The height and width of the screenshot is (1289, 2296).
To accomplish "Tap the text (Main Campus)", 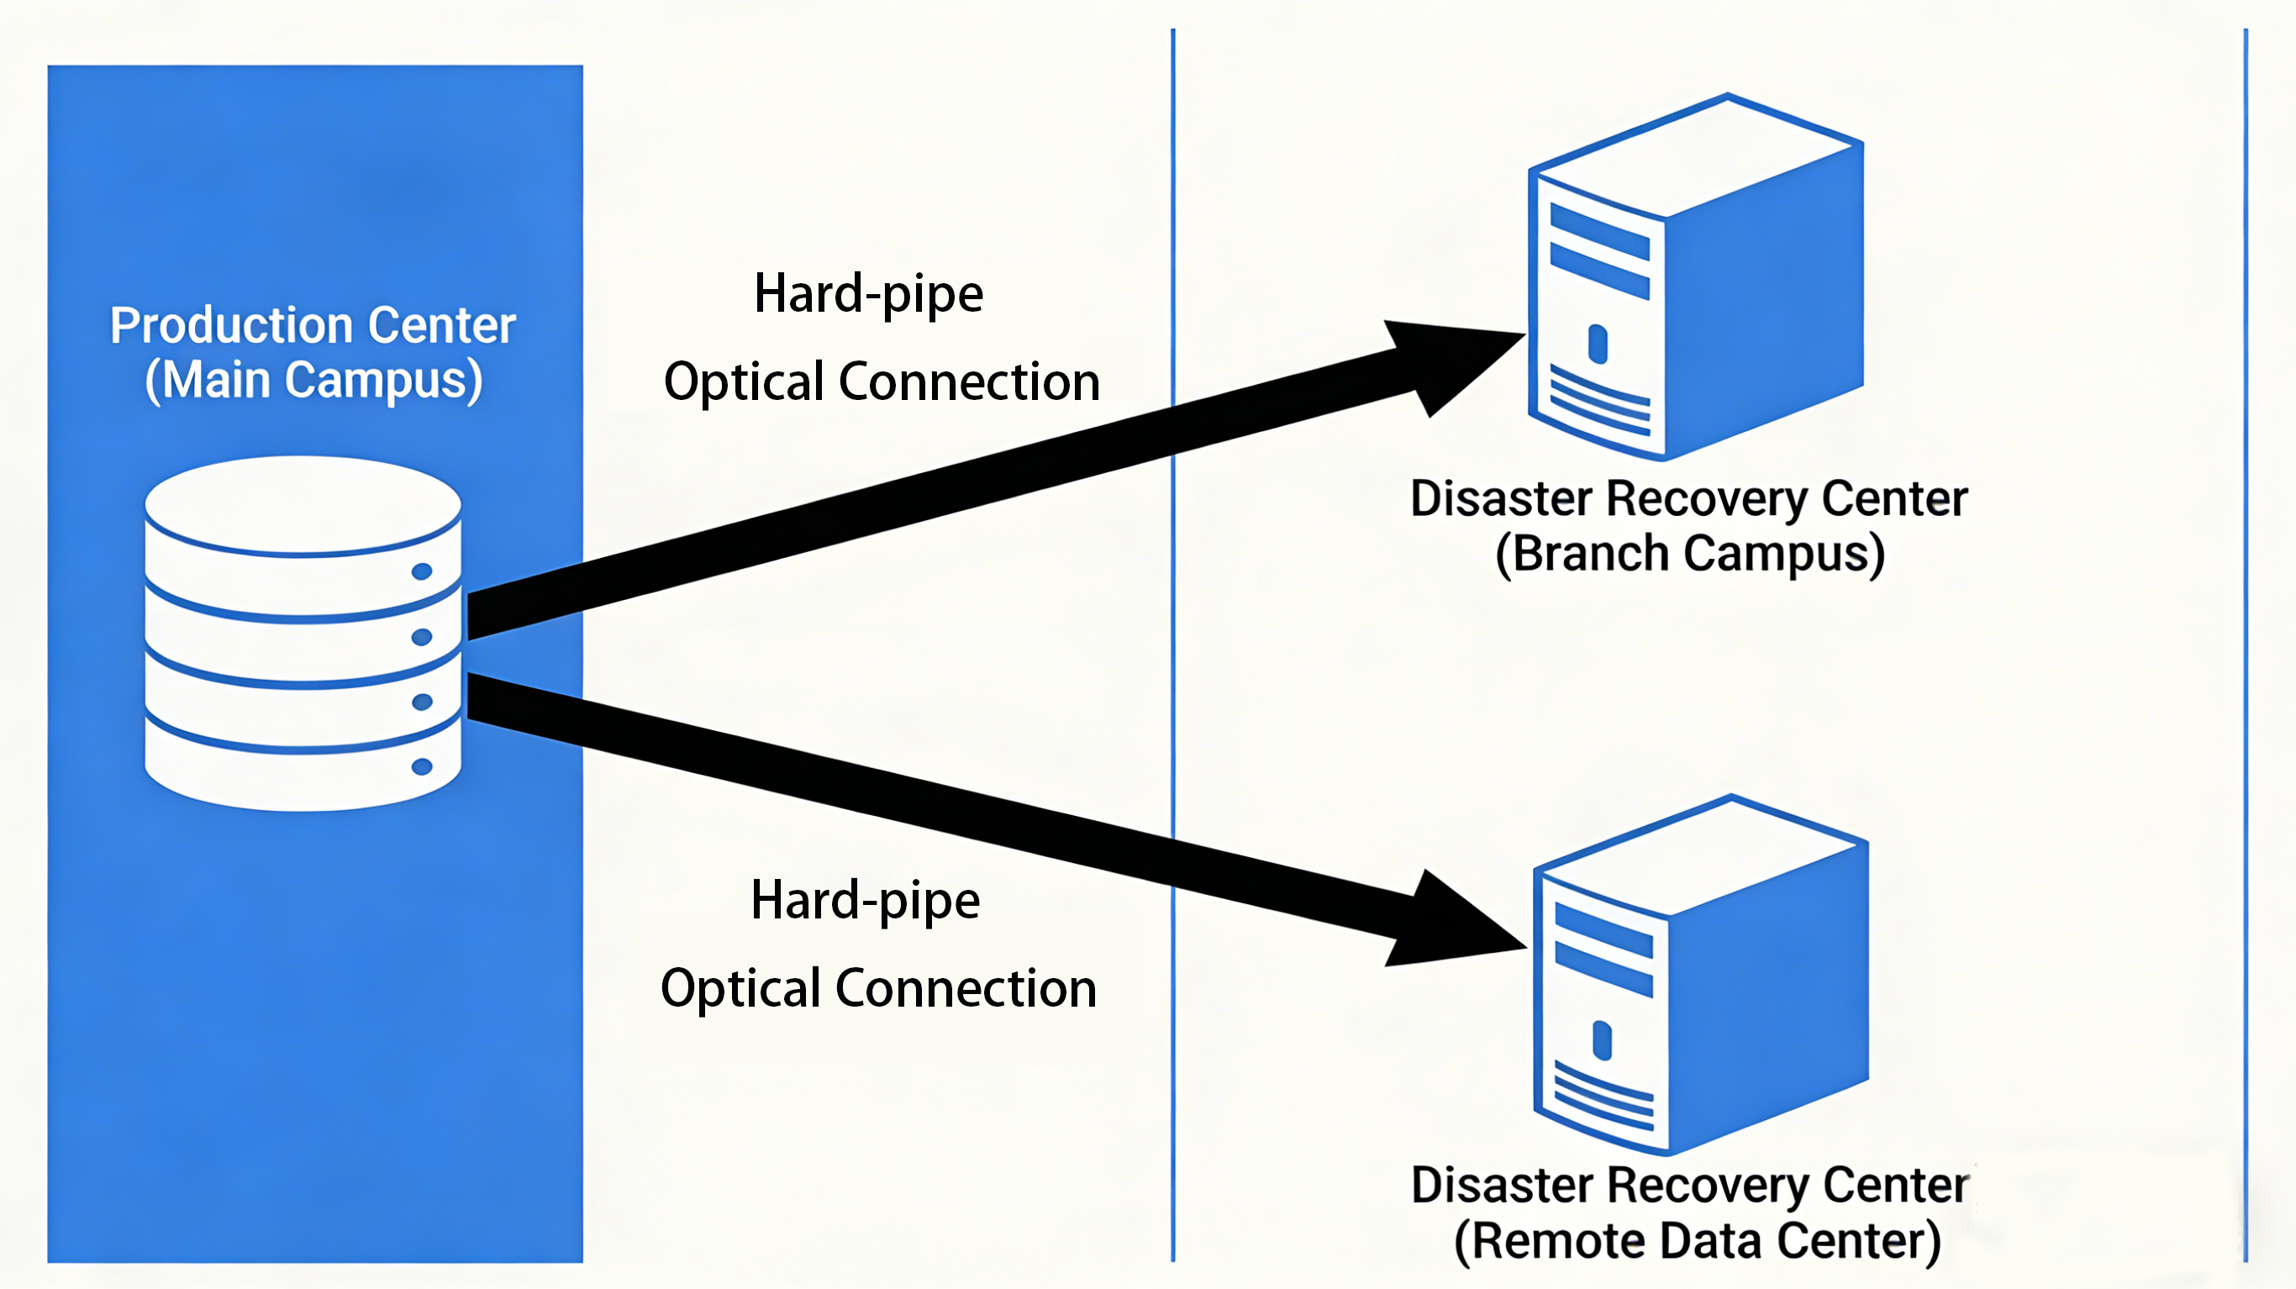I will (x=313, y=381).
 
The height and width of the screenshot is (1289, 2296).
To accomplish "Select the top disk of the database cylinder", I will (x=303, y=503).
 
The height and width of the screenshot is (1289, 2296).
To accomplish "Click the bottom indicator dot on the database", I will (x=422, y=766).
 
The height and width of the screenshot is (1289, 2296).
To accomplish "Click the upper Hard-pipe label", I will (x=868, y=294).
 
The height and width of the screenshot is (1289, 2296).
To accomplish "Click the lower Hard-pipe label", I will (x=865, y=900).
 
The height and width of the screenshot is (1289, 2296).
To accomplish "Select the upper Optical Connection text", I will (x=882, y=381).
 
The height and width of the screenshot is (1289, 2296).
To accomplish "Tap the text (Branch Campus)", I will (x=1690, y=554).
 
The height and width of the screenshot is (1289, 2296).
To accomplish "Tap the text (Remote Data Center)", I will (x=1697, y=1241).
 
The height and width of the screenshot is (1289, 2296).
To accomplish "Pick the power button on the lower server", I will (x=1602, y=1040).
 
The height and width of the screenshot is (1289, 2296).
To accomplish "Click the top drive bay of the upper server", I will (x=1599, y=231).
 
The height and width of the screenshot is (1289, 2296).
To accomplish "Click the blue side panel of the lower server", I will (x=1769, y=990).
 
